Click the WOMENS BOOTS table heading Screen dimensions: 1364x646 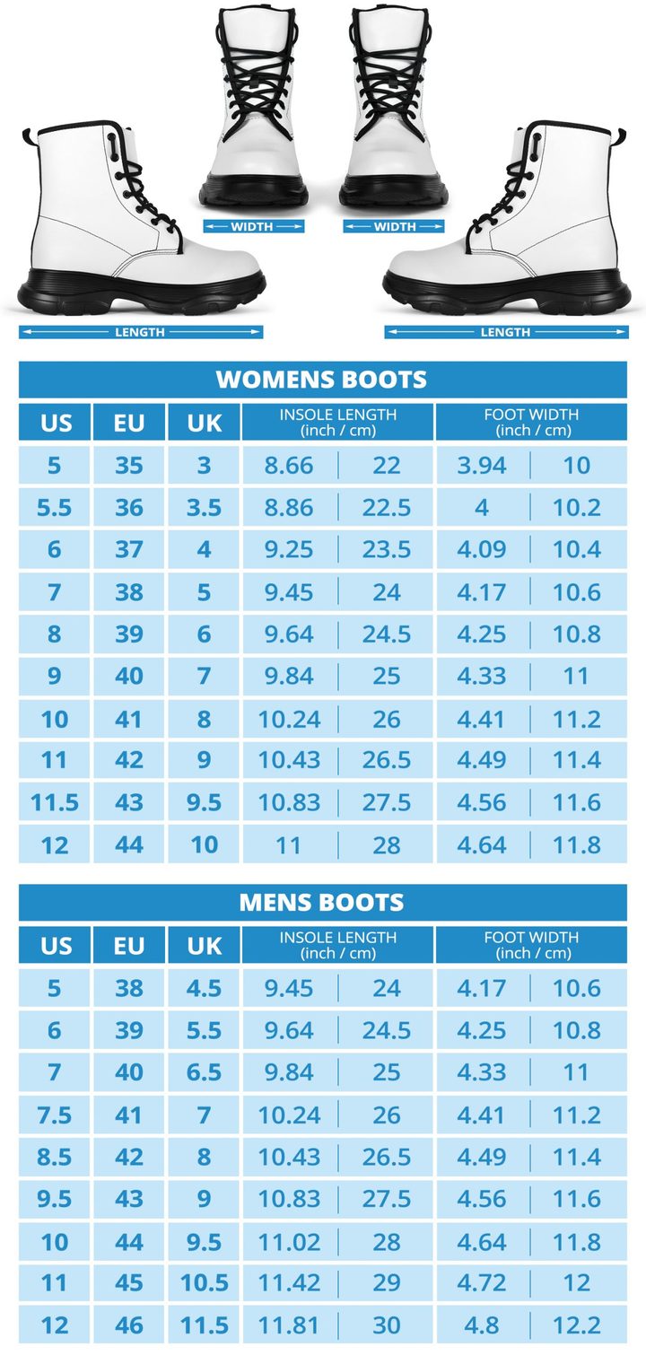pos(322,380)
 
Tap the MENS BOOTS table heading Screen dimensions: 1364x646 pos(322,902)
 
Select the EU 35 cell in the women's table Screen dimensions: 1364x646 pos(129,465)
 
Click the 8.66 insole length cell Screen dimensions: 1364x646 pos(289,465)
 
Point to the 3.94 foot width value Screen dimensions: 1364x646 pos(482,465)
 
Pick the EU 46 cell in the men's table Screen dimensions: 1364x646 pos(129,1325)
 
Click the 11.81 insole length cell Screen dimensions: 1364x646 pos(289,1325)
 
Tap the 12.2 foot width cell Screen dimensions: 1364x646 pos(577,1325)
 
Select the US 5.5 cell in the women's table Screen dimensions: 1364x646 pos(55,508)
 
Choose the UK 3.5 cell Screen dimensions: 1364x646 pos(204,508)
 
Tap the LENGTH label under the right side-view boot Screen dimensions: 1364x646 pos(506,332)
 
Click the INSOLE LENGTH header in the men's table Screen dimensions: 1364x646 pos(337,944)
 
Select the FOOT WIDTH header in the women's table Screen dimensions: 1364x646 pos(531,422)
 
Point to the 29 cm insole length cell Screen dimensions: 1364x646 pos(387,1282)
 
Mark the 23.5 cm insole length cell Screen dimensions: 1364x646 pos(387,549)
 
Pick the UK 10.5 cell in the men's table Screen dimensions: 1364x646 pos(204,1282)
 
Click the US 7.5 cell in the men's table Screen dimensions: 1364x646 pos(55,1115)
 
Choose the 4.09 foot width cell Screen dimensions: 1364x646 pos(482,549)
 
